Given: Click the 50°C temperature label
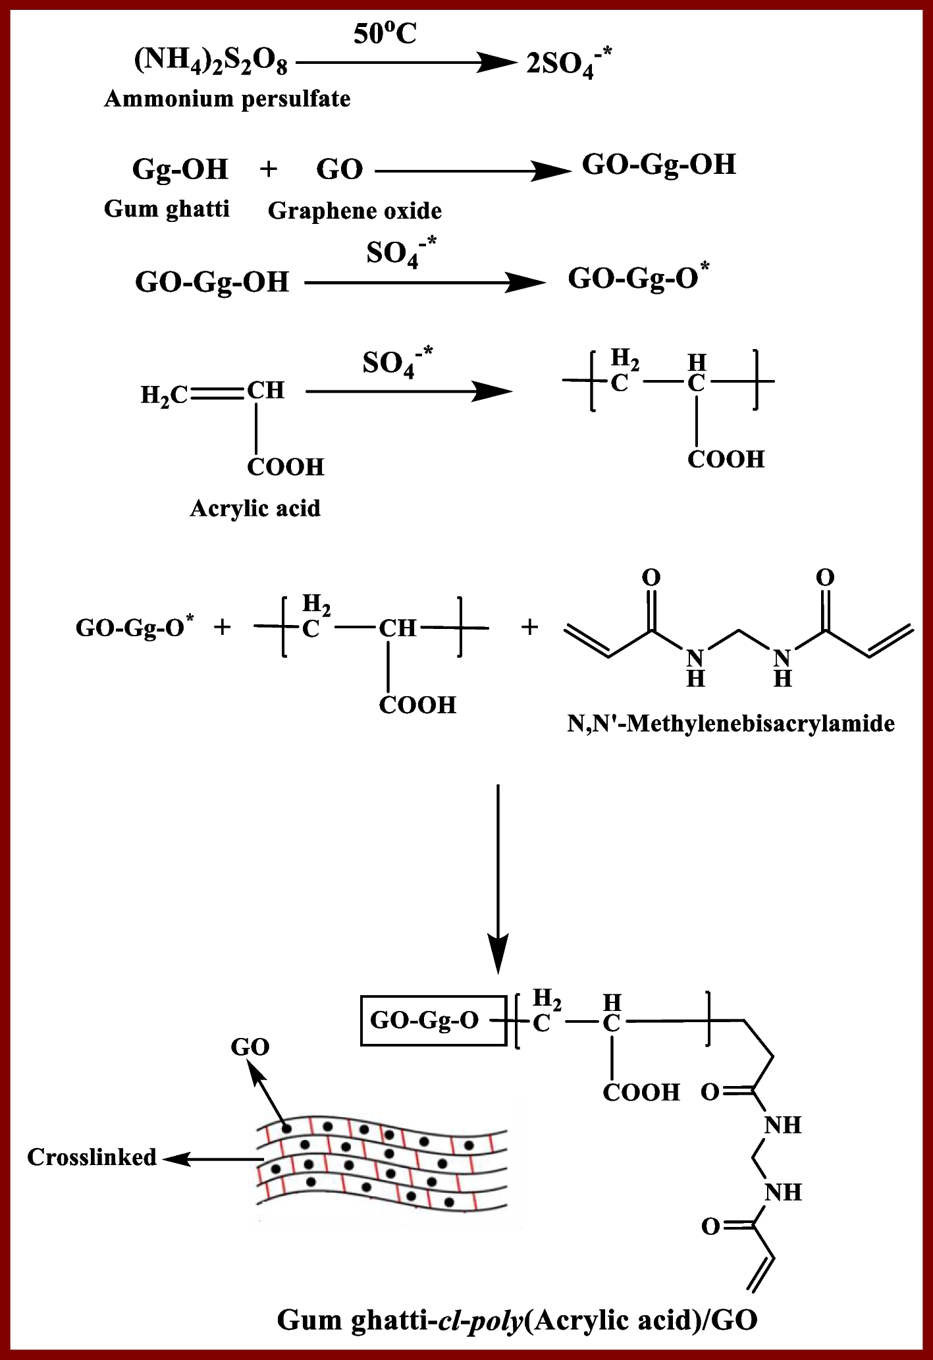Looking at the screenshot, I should (385, 34).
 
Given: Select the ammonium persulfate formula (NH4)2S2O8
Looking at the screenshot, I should (211, 63).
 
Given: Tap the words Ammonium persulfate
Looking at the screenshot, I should (227, 99).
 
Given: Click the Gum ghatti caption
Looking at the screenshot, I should (167, 209).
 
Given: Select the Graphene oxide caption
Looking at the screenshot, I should (355, 211).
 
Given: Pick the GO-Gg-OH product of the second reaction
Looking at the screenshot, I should (658, 165).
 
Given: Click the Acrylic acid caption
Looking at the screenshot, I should (255, 508).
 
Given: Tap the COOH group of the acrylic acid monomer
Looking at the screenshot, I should (286, 467).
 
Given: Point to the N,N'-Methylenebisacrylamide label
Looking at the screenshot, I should (731, 724).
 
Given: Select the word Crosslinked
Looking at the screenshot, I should (92, 1157).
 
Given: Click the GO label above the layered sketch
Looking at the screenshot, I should (250, 1047).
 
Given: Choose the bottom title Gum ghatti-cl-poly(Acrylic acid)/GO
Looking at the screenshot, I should (517, 1319).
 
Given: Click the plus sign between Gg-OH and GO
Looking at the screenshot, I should (268, 169).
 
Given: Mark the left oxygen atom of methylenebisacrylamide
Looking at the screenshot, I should (651, 578).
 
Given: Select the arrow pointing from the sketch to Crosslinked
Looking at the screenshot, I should (211, 1159).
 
